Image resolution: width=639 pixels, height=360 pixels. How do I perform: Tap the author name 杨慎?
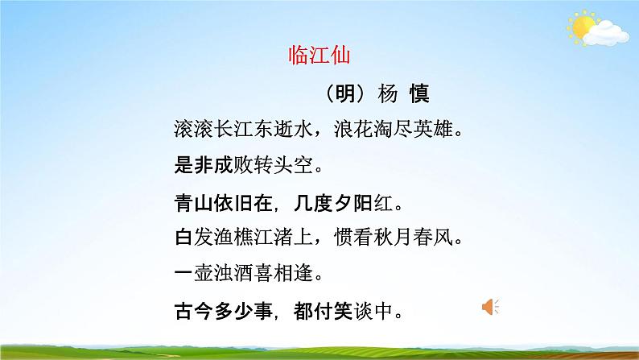403,94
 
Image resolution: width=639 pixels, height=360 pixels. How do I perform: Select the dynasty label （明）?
348,94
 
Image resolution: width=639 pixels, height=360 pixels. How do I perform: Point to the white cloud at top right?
604,32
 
